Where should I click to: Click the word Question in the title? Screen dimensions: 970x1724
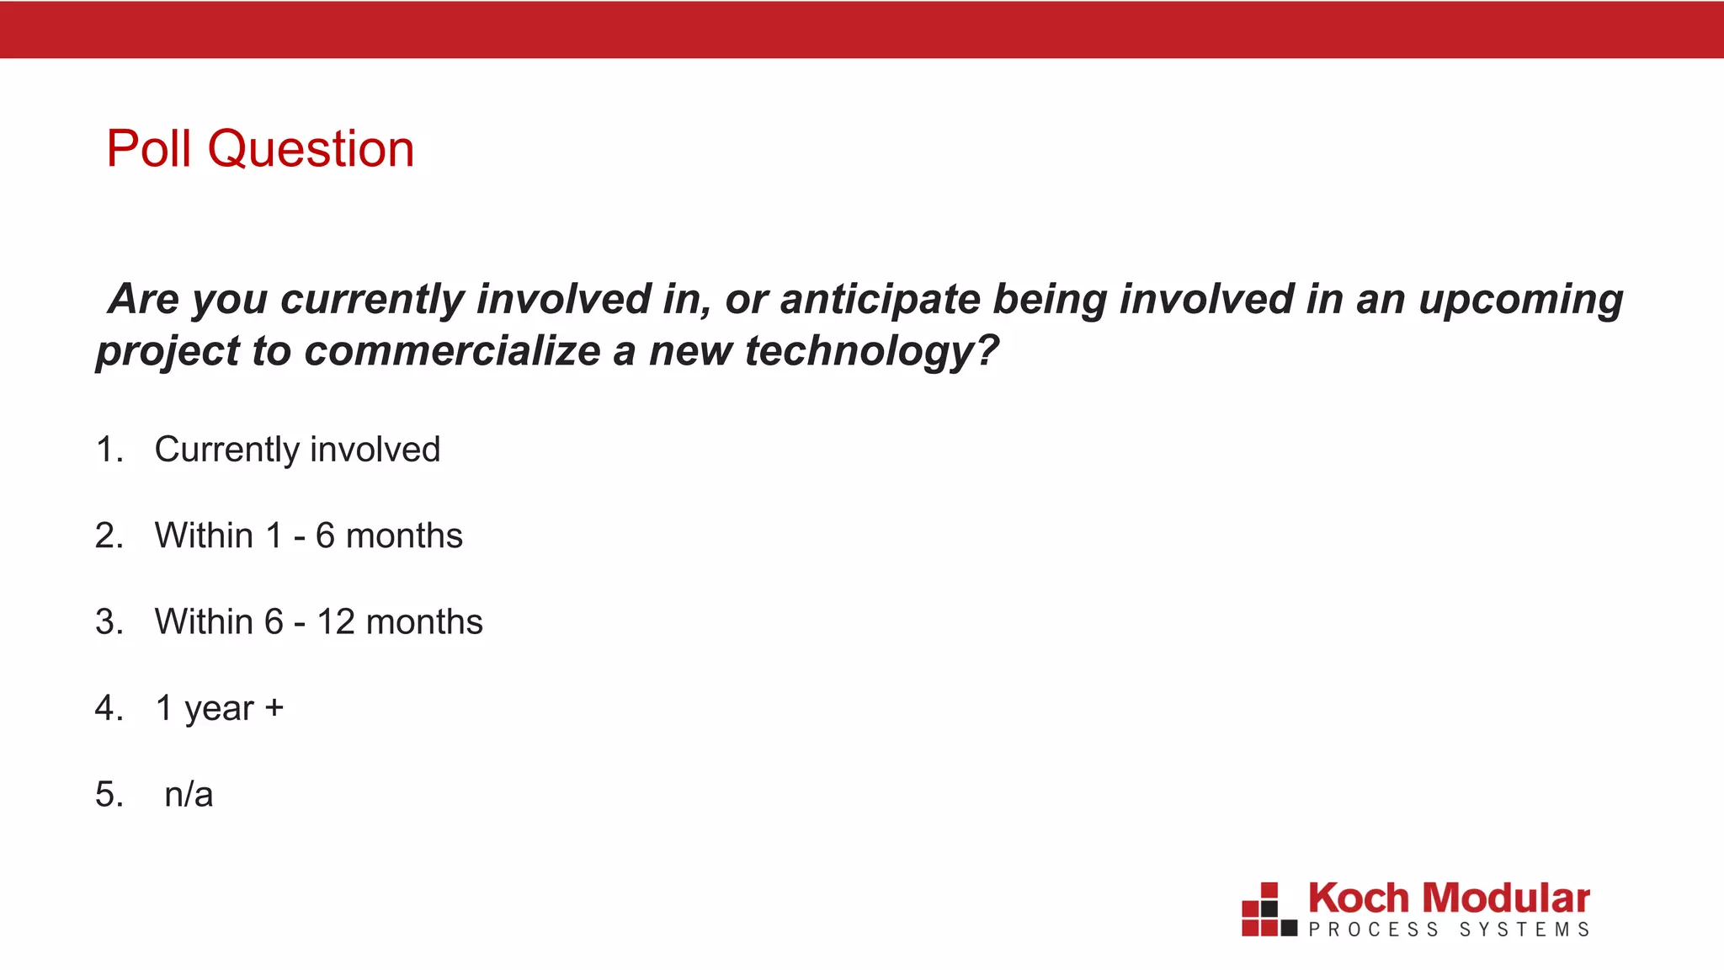pyautogui.click(x=311, y=150)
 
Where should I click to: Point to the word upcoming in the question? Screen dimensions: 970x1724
pyautogui.click(x=1520, y=300)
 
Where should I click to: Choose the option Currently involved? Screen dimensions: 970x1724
pyautogui.click(x=297, y=450)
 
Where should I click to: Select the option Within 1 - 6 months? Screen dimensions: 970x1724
pyautogui.click(x=308, y=536)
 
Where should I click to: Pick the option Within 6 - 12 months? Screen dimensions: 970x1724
pyautogui.click(x=318, y=622)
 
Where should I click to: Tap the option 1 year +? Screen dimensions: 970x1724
pyautogui.click(x=219, y=708)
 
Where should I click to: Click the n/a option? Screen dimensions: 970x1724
pyautogui.click(x=189, y=794)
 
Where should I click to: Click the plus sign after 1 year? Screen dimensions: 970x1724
pyautogui.click(x=274, y=707)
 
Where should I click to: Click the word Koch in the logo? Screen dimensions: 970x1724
pyautogui.click(x=1358, y=898)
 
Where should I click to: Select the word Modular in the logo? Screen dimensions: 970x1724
pyautogui.click(x=1506, y=898)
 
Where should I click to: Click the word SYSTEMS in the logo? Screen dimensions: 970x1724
pyautogui.click(x=1524, y=930)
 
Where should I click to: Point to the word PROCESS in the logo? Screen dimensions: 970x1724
pyautogui.click(x=1373, y=930)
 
